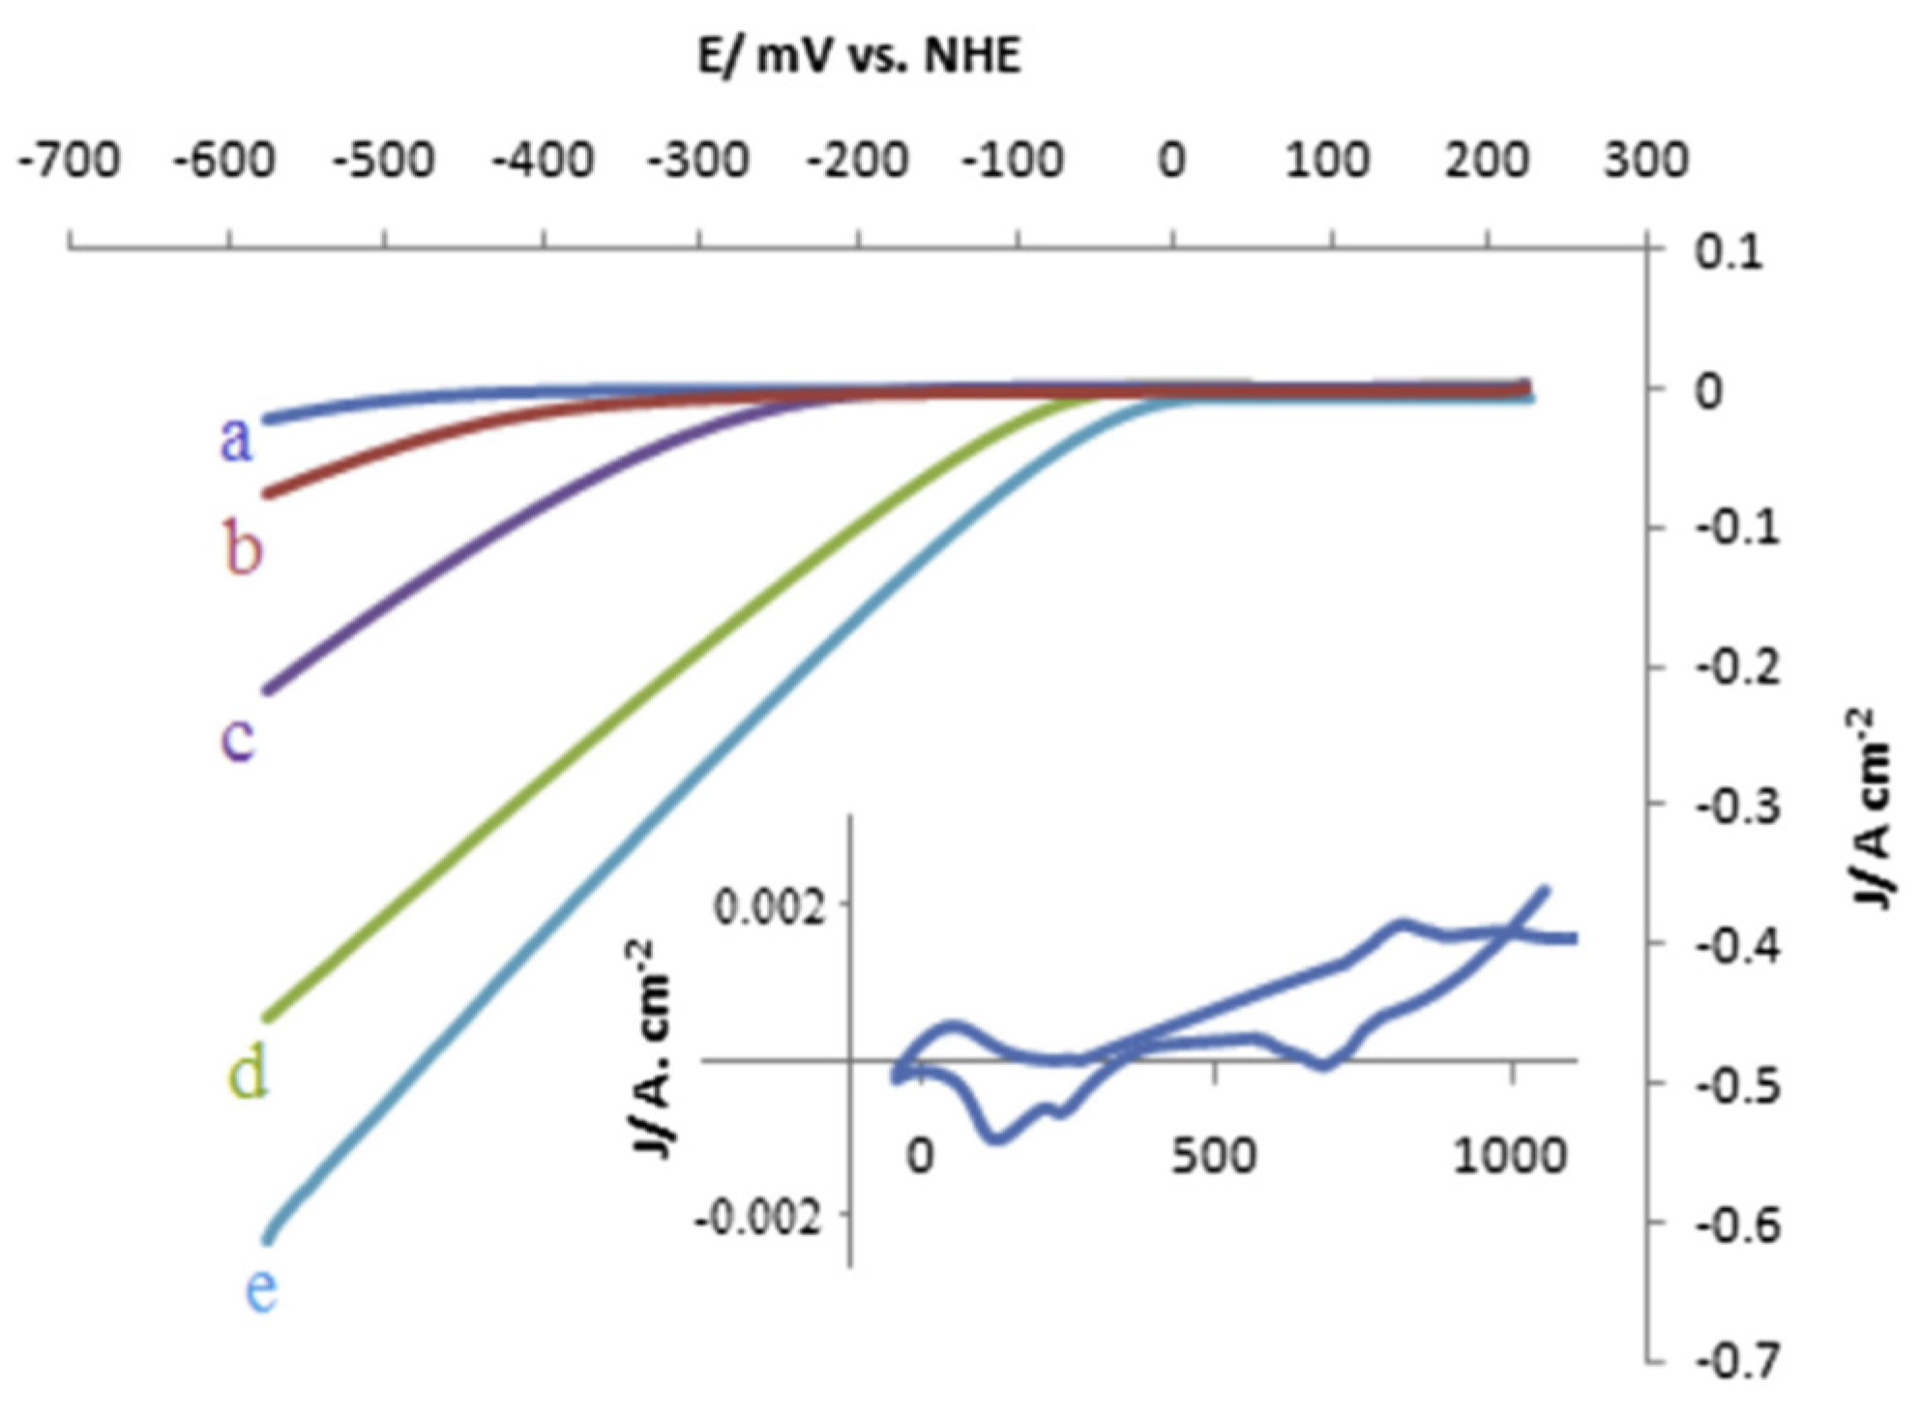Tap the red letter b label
tap(243, 547)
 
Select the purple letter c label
tap(238, 738)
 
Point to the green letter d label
tap(248, 1074)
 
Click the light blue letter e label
tap(260, 1289)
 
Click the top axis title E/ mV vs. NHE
tap(859, 57)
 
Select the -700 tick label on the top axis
tap(70, 160)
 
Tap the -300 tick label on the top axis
tap(698, 160)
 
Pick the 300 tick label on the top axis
tap(1645, 160)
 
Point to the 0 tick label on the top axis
tap(1171, 160)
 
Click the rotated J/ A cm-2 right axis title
tap(1873, 808)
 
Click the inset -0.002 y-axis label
tap(759, 1218)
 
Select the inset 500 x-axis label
tap(1214, 1156)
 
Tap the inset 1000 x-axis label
tap(1510, 1156)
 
